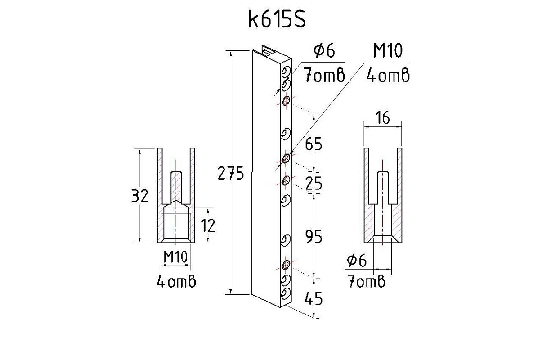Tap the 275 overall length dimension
pyautogui.click(x=231, y=173)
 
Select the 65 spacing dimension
pyautogui.click(x=314, y=144)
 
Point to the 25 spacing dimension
pyautogui.click(x=314, y=183)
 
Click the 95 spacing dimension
pyautogui.click(x=314, y=237)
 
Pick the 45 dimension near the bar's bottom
pyautogui.click(x=314, y=298)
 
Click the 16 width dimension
pyautogui.click(x=383, y=118)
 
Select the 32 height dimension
pyautogui.click(x=139, y=196)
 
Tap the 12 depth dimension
pyautogui.click(x=208, y=225)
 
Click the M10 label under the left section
pyautogui.click(x=176, y=257)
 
